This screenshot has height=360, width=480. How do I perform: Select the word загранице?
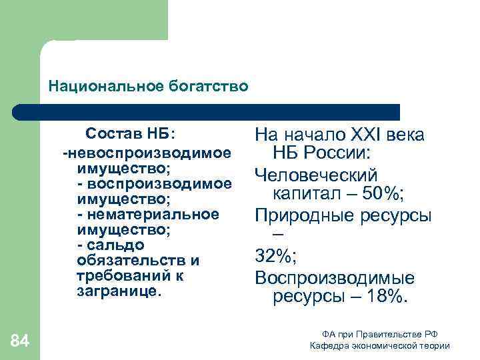(119, 291)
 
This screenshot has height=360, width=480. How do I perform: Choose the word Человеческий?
(316, 175)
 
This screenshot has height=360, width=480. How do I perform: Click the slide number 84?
(21, 341)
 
